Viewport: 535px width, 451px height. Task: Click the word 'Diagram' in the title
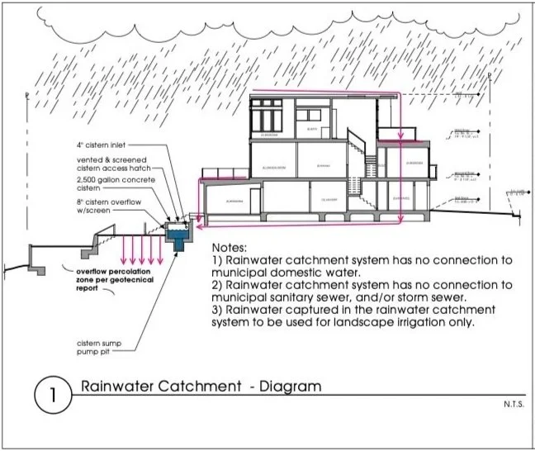click(286, 387)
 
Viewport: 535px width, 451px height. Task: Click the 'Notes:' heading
click(234, 249)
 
